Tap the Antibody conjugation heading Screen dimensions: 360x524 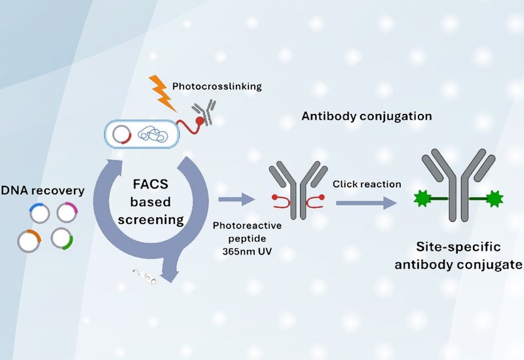pos(366,117)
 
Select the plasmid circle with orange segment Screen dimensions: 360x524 pos(29,240)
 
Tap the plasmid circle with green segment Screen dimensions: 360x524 pos(62,238)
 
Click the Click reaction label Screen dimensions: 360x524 pos(367,184)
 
